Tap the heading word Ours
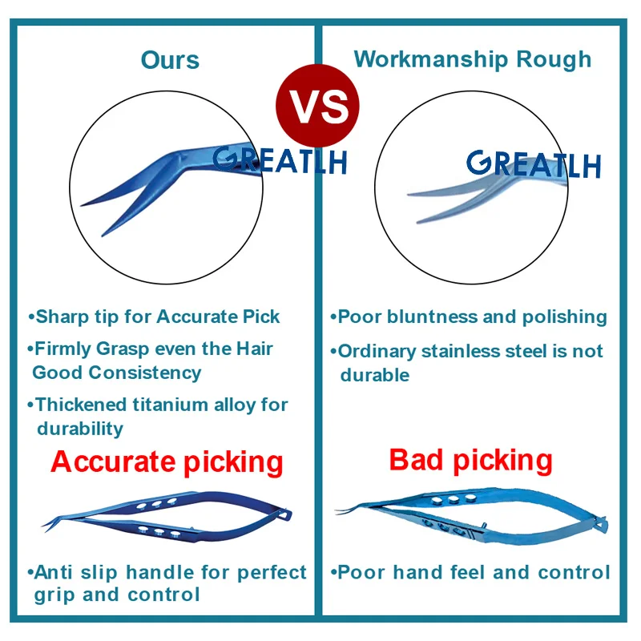click(170, 60)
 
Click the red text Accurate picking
click(167, 462)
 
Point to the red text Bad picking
click(470, 460)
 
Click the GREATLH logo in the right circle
click(533, 163)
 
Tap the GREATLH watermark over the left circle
click(280, 158)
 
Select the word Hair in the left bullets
click(252, 349)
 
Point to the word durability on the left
click(80, 429)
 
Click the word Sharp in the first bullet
click(62, 317)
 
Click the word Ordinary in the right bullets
click(373, 352)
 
